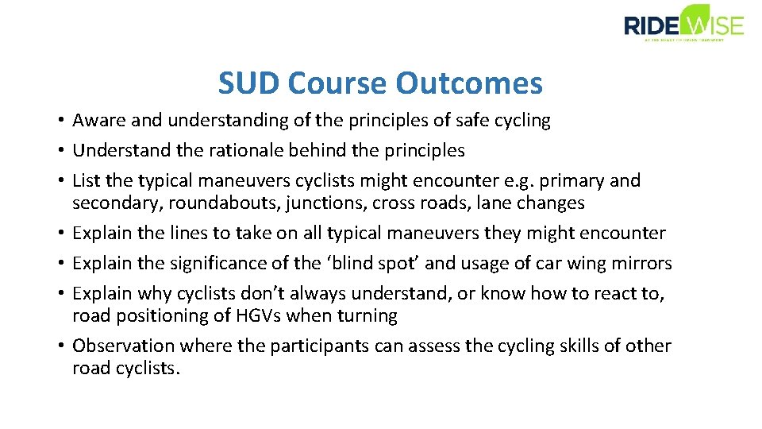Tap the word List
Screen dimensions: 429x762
85,181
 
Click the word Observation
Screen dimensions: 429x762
123,346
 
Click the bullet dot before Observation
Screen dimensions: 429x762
60,346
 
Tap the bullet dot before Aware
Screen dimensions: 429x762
60,121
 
